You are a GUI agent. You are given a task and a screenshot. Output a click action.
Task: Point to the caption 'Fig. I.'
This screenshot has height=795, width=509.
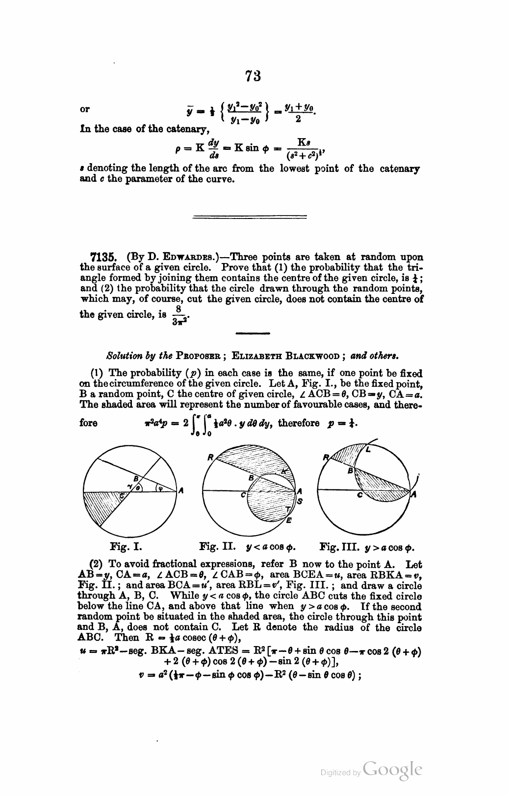(x=126, y=546)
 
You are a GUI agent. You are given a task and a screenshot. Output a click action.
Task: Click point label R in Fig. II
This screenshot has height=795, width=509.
(x=210, y=458)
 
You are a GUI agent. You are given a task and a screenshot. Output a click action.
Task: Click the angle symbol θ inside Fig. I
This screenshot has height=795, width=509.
(x=139, y=488)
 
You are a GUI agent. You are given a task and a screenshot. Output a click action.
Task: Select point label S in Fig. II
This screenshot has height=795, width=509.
(x=300, y=501)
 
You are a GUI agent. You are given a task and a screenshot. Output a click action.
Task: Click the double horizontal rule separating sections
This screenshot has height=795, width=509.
(x=250, y=216)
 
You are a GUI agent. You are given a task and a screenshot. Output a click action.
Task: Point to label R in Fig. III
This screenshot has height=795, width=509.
(x=326, y=458)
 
